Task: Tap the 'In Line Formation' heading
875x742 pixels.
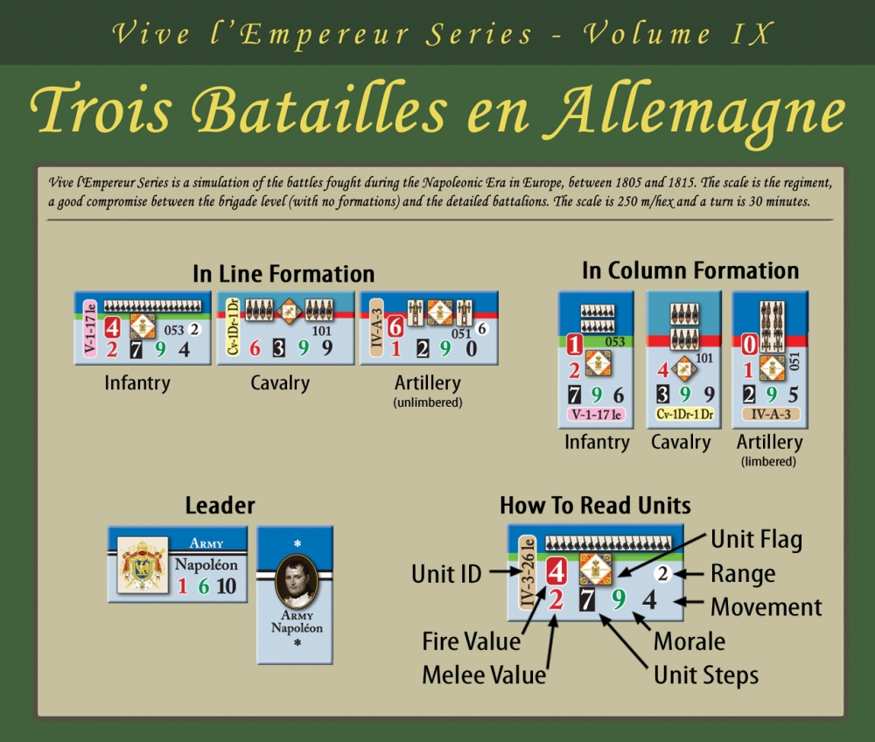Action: (x=283, y=274)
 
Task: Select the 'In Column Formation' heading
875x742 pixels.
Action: (x=690, y=270)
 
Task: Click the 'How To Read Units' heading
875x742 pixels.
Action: (x=595, y=506)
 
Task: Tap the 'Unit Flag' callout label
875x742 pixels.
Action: (x=756, y=540)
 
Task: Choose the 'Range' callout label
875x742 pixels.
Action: (x=744, y=574)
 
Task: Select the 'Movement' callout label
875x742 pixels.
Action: (x=766, y=607)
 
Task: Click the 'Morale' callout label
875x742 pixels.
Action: (x=689, y=641)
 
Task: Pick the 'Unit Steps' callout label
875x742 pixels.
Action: (x=706, y=675)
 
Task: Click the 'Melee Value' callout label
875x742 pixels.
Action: (x=483, y=675)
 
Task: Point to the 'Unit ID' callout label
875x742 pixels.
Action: (x=446, y=574)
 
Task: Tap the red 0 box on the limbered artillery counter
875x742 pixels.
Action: (x=749, y=345)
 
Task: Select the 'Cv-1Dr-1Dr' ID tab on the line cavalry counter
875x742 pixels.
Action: (x=233, y=328)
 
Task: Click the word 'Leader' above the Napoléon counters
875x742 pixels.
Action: (x=220, y=506)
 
